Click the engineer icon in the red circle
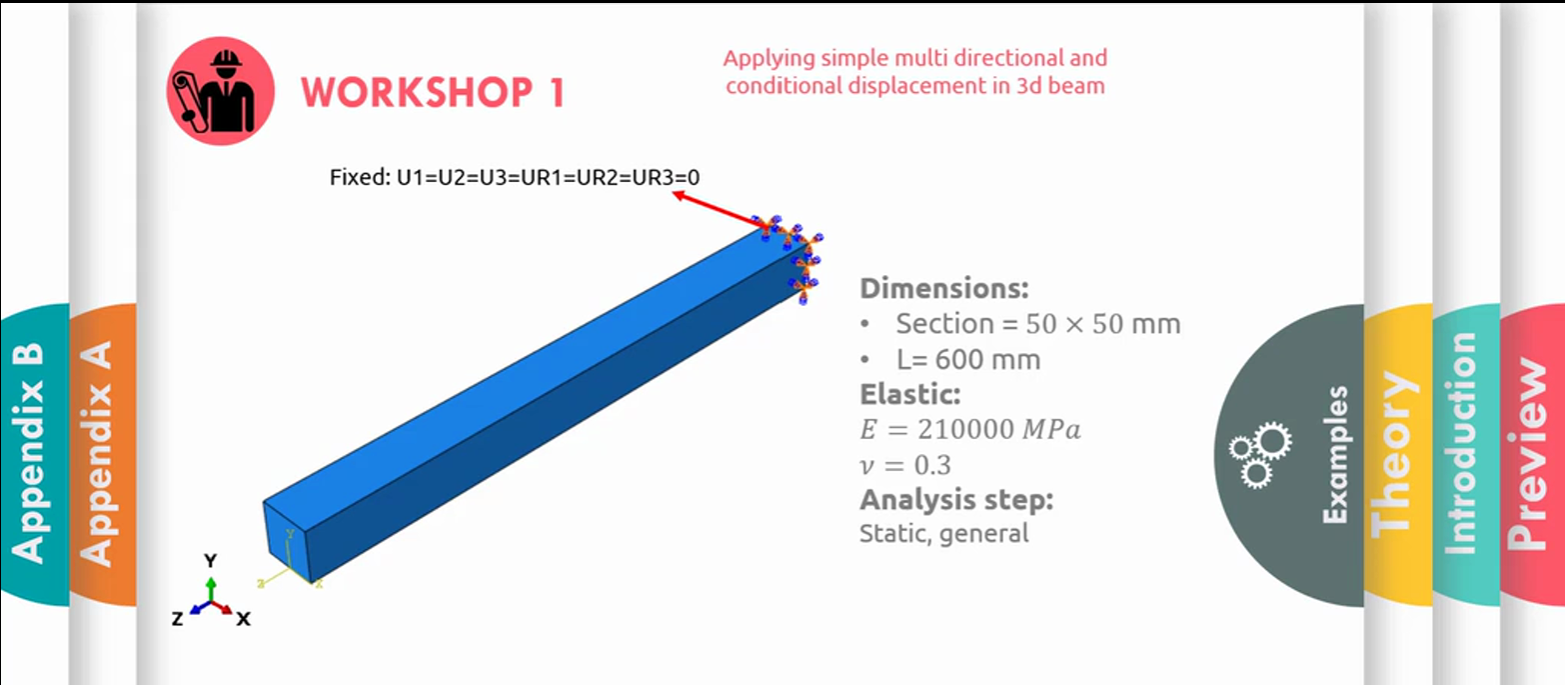[220, 91]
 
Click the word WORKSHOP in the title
[417, 92]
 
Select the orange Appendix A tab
[100, 454]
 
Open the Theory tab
[1397, 454]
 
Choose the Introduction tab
[1466, 454]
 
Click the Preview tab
[1531, 454]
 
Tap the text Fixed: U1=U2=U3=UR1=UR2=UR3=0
[515, 178]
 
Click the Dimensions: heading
[943, 288]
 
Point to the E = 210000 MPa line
[969, 429]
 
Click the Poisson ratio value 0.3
[932, 465]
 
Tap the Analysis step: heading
[956, 500]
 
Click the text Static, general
[943, 534]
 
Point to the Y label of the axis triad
[210, 561]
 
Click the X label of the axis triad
[243, 619]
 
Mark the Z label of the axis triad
[178, 619]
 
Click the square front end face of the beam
[287, 542]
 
